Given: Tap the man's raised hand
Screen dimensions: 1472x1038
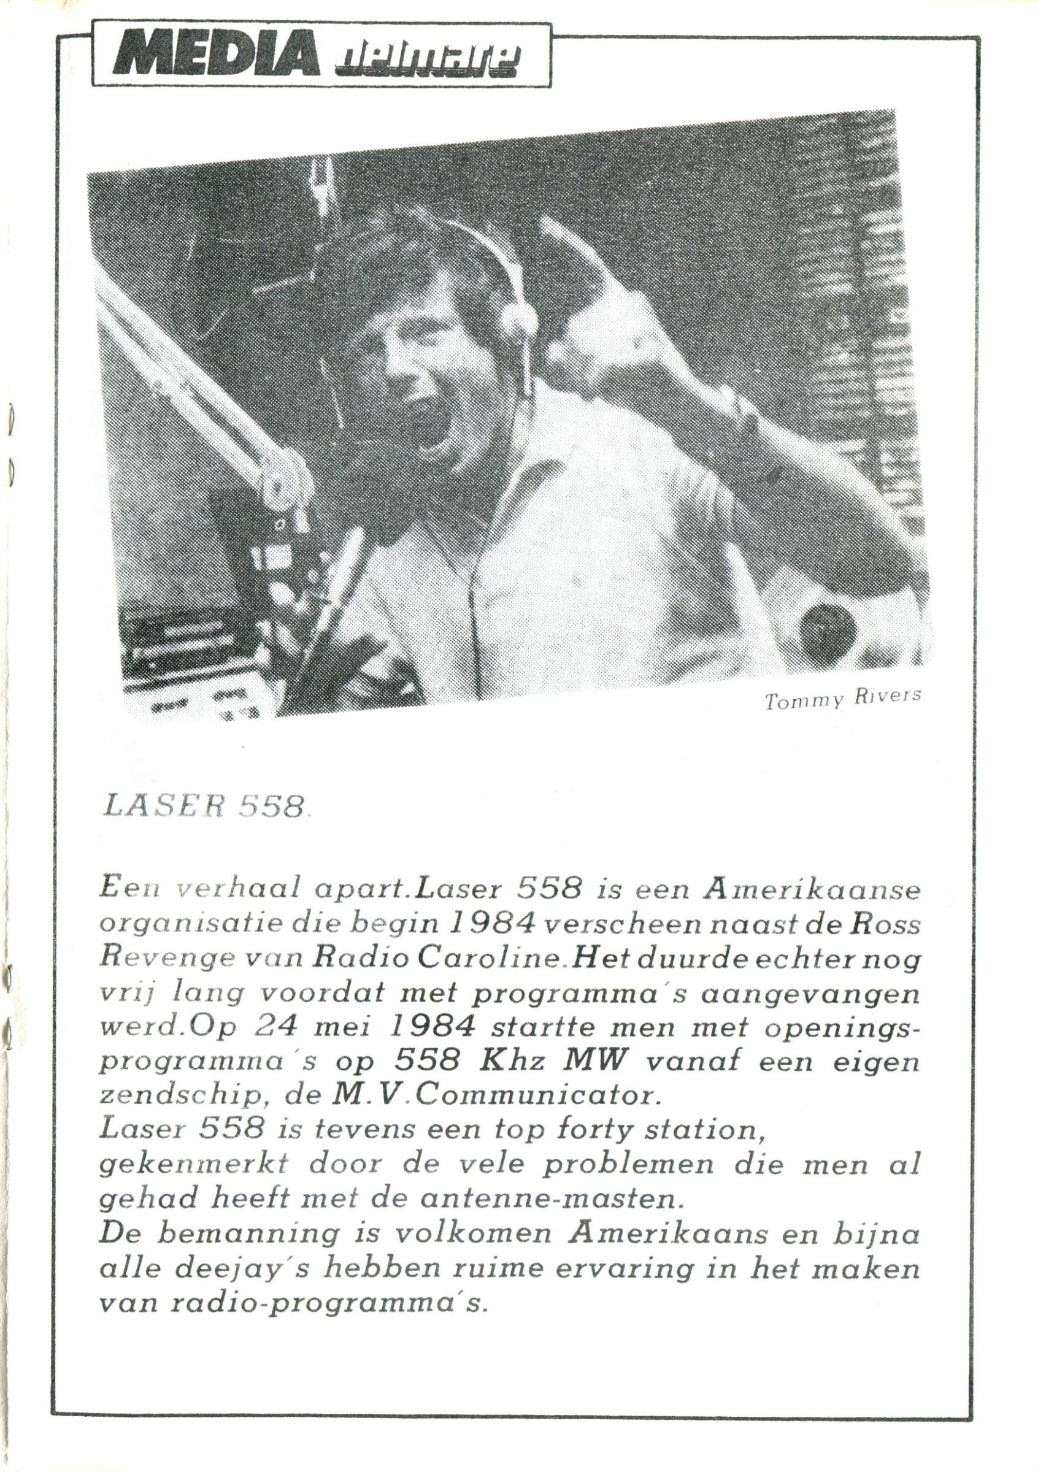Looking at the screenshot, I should click(602, 334).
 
